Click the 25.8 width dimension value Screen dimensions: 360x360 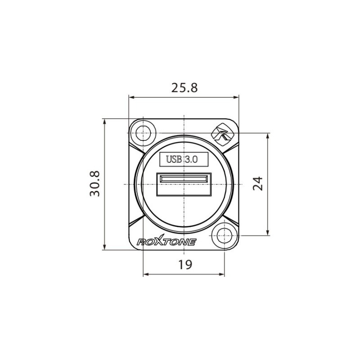184,88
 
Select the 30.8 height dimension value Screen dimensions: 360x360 95,183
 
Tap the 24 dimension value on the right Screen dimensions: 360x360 257,183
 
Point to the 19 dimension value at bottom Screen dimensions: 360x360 184,265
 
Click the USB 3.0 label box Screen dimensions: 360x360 184,159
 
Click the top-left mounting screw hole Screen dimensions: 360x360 144,133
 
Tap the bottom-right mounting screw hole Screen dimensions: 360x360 224,235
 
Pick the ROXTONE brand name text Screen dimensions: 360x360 166,242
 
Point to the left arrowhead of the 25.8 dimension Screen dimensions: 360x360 131,97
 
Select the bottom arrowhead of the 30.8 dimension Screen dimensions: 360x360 104,247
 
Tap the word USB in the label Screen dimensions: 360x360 174,159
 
